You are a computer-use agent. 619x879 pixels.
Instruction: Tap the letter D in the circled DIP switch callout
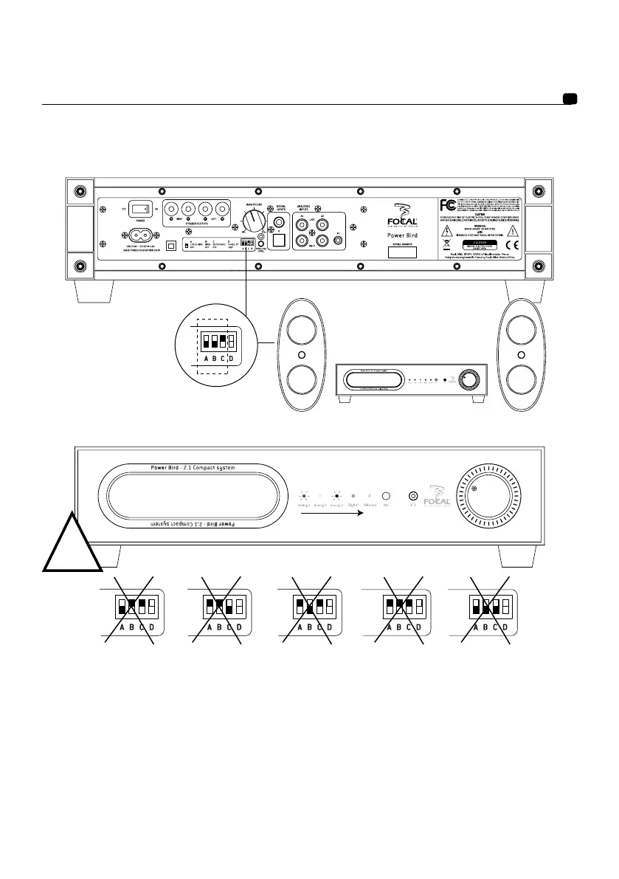[x=231, y=359]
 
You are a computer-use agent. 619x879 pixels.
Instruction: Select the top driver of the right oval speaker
[x=521, y=331]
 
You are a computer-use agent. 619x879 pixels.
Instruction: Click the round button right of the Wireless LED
[x=385, y=496]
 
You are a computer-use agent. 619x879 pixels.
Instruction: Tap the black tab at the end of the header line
[x=570, y=99]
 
